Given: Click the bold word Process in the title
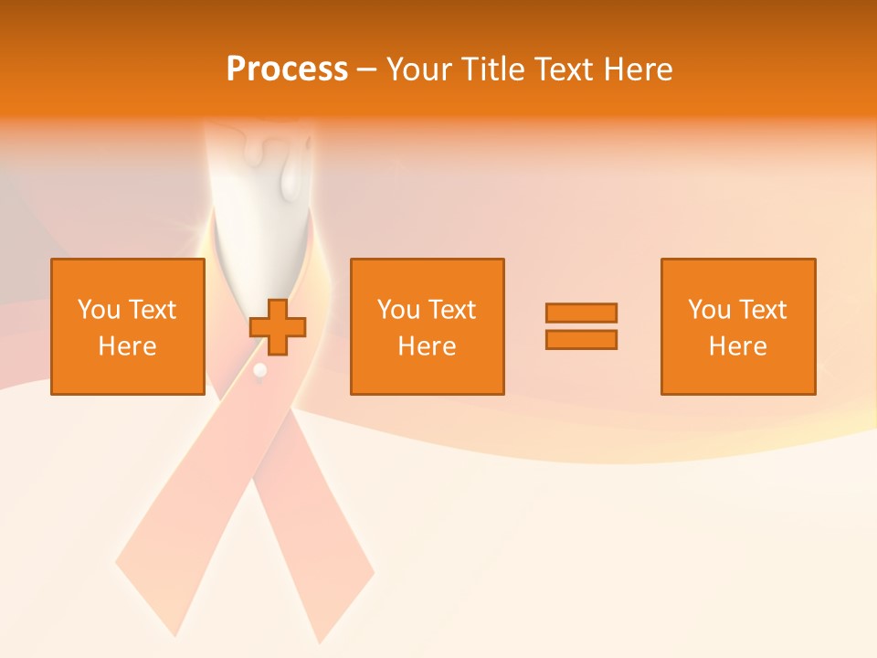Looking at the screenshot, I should click(287, 69).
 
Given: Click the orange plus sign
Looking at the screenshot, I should click(279, 326).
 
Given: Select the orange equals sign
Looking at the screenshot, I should click(582, 326).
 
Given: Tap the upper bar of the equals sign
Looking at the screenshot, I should click(582, 313).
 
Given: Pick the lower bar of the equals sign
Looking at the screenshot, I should click(582, 339).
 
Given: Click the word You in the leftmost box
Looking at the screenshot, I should click(98, 310).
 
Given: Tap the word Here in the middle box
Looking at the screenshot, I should click(427, 346).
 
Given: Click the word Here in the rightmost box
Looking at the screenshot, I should click(737, 346).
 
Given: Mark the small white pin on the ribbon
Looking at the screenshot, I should click(260, 370).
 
